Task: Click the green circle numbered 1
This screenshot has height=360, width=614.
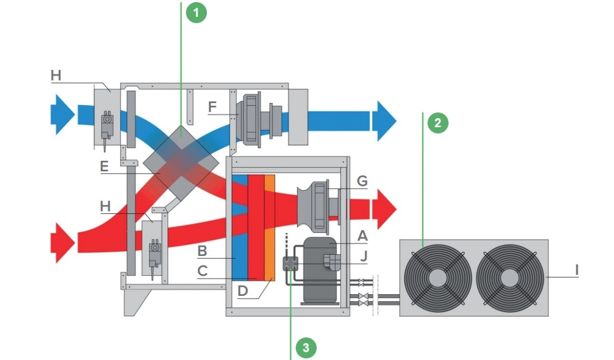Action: (197, 13)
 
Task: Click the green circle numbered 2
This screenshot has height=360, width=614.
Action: (438, 123)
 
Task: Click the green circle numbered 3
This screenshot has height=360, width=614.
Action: (306, 348)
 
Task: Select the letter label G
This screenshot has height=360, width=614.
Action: (362, 181)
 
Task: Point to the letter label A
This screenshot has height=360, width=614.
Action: (362, 236)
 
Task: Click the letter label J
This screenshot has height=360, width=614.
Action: (364, 256)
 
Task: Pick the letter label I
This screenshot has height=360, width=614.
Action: (577, 269)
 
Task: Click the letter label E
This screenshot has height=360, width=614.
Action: (105, 166)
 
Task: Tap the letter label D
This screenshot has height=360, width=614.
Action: (243, 291)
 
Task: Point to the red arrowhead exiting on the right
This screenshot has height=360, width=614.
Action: (386, 209)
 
